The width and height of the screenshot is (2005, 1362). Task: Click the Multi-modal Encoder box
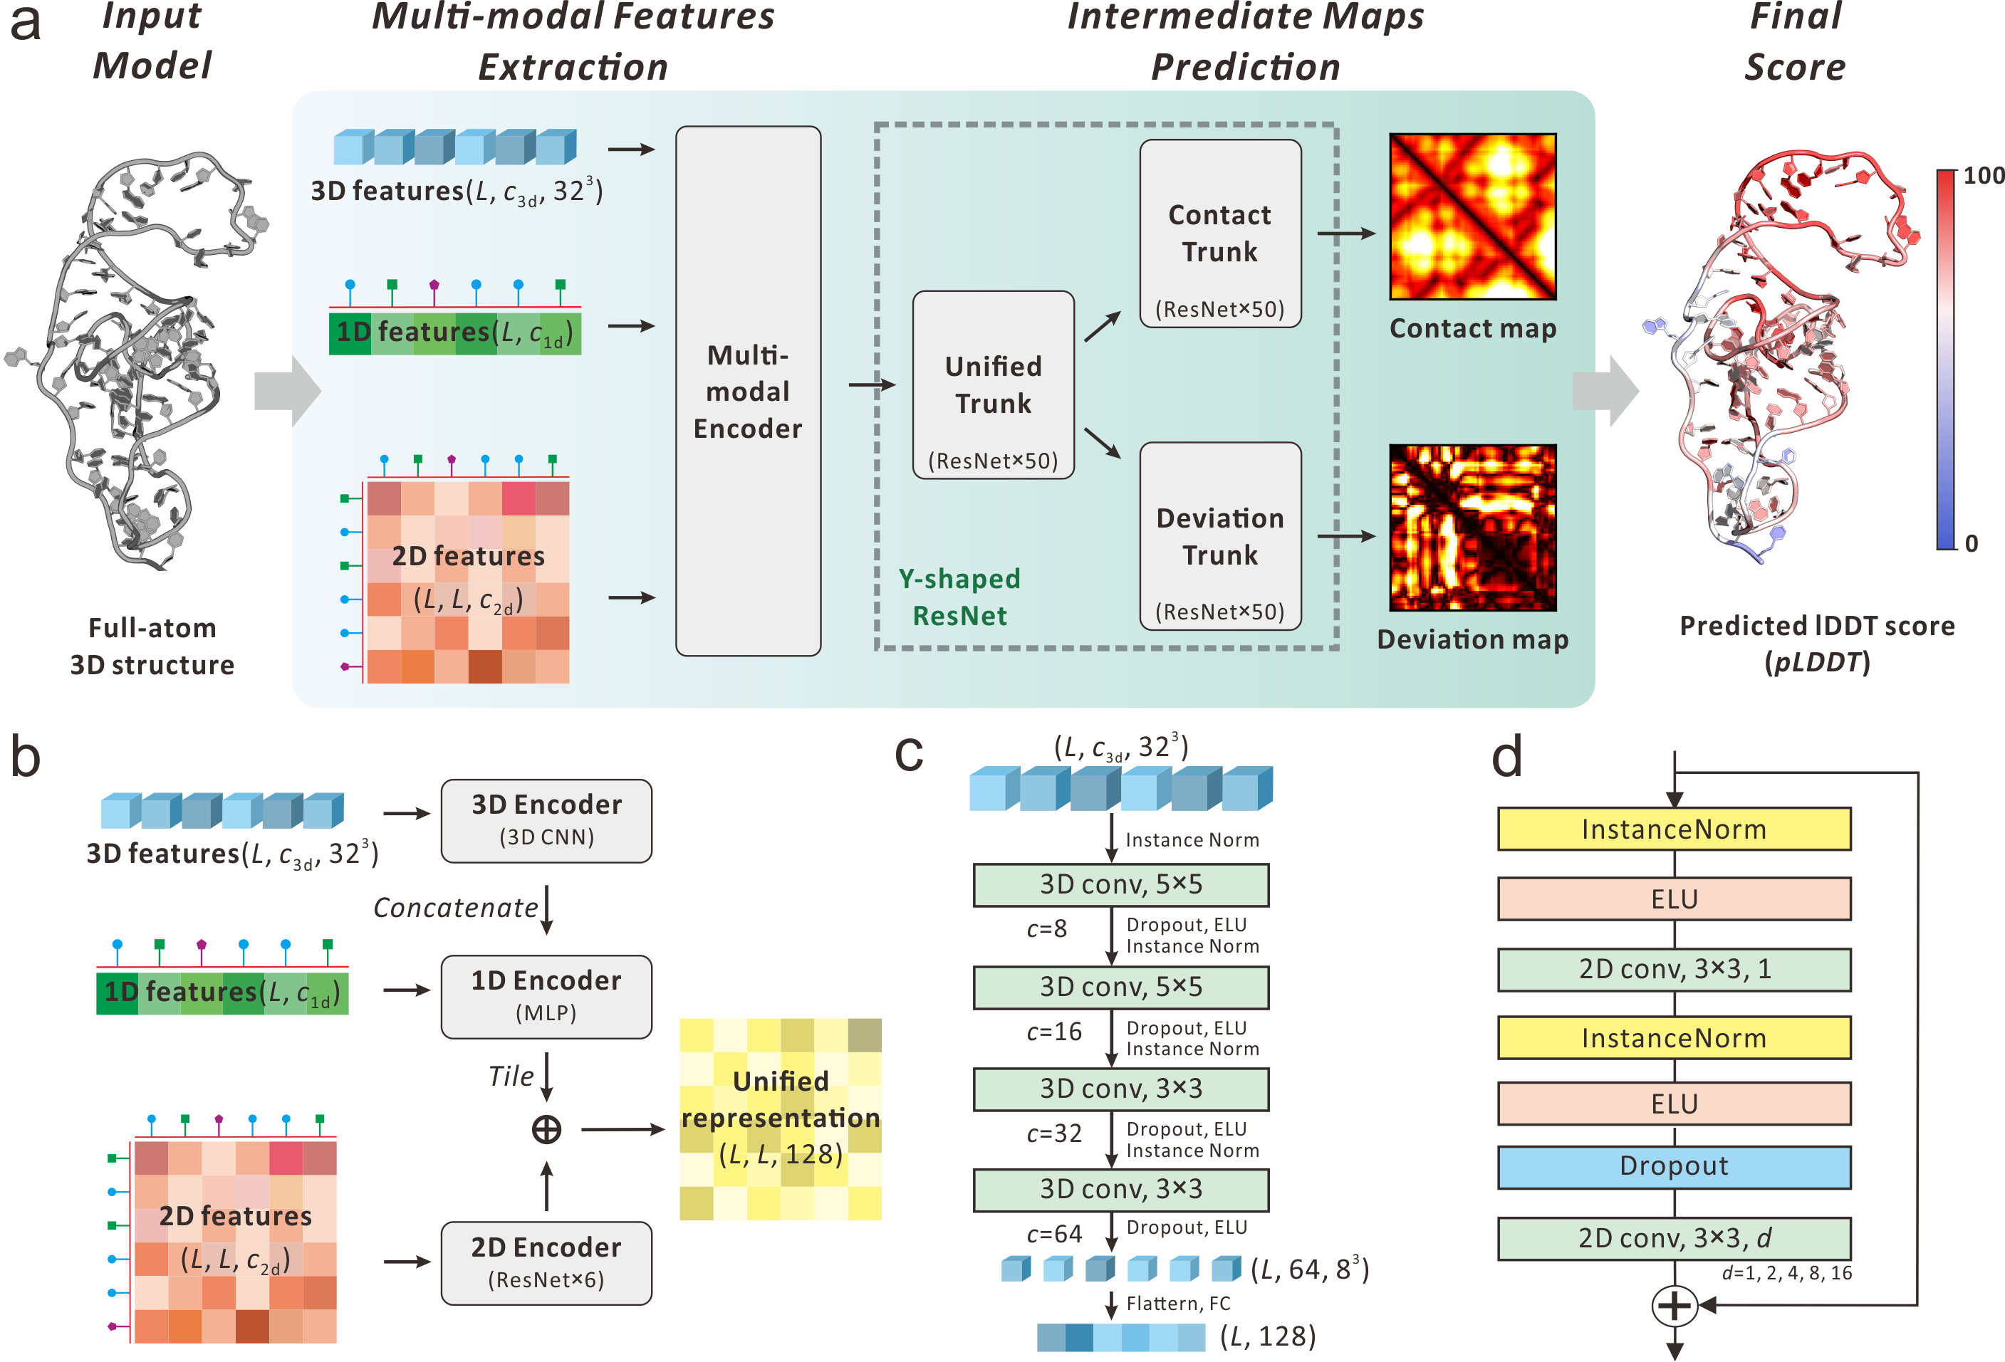point(748,391)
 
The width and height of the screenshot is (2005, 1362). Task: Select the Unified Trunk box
point(993,384)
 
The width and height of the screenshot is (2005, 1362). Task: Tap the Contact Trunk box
point(1220,233)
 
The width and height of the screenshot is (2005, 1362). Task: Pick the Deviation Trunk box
point(1220,535)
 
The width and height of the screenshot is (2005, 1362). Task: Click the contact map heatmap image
point(1473,216)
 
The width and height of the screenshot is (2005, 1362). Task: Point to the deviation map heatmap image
point(1473,527)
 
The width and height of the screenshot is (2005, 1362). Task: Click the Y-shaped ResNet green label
point(959,597)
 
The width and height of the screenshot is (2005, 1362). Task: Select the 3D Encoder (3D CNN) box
point(546,820)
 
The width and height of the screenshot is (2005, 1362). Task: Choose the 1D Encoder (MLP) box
point(546,996)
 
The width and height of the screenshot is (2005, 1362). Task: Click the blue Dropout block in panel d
point(1674,1166)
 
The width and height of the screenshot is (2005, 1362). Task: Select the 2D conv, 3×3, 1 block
point(1674,970)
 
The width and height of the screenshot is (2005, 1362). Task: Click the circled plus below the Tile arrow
point(546,1129)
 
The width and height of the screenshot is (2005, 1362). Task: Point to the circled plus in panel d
point(1674,1305)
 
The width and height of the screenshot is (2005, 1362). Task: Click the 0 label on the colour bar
point(1972,543)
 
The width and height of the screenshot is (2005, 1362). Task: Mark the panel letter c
point(908,754)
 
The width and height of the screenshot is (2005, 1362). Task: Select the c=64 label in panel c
point(1053,1235)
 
